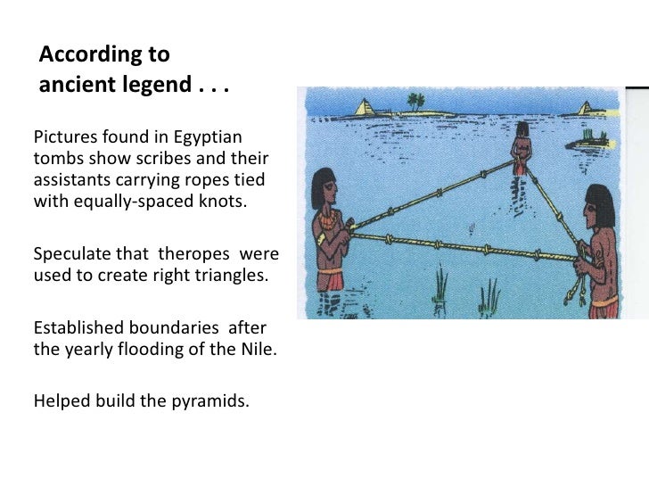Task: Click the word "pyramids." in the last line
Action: (x=208, y=400)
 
